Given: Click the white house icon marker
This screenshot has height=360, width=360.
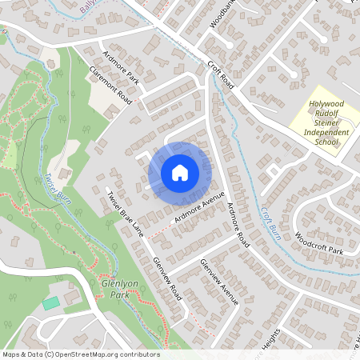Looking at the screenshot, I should (x=179, y=171).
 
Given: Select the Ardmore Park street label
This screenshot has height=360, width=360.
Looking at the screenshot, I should (x=122, y=70).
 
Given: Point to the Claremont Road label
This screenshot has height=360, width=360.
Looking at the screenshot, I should (x=111, y=85).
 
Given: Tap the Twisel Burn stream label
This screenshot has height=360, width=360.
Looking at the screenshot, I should (x=59, y=189).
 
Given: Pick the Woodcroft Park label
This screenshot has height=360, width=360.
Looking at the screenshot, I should (x=318, y=244).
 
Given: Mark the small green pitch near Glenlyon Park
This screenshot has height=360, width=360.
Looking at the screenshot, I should (x=51, y=303).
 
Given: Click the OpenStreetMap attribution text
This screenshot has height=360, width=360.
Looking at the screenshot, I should (x=81, y=354).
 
